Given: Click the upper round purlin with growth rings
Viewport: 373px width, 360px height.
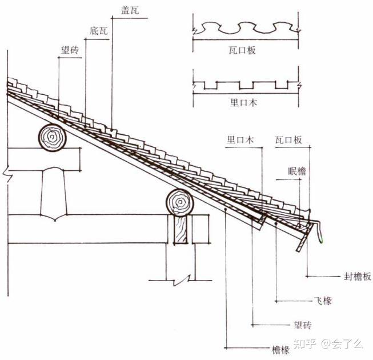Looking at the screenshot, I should click(52, 138).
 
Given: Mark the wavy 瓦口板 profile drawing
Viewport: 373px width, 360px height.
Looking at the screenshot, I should click(246, 29).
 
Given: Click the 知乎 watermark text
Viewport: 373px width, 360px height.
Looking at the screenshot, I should click(303, 343).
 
